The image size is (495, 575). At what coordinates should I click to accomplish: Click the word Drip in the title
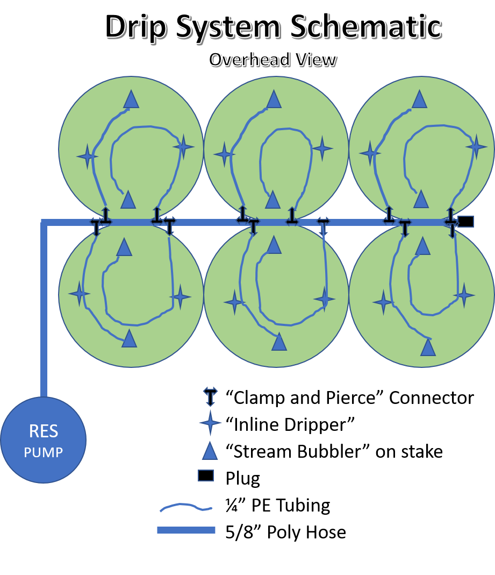[135, 26]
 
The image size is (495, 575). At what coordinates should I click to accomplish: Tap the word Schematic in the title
[366, 26]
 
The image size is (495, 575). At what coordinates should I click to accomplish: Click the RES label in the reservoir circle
[44, 431]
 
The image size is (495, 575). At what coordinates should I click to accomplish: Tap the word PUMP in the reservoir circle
[44, 452]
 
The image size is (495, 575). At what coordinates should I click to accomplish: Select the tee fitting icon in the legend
[210, 395]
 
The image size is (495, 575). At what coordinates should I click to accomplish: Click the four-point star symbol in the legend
[210, 423]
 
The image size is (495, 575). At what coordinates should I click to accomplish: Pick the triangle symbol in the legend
[210, 451]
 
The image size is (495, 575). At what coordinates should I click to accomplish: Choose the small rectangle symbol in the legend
[206, 475]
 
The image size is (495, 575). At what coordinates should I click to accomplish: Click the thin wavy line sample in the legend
[186, 507]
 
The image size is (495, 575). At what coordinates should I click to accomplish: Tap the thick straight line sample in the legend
[186, 530]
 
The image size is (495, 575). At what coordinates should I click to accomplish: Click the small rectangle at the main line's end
[466, 221]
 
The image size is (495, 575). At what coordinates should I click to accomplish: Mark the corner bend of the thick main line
[44, 222]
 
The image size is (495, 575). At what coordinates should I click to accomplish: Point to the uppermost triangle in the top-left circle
[131, 100]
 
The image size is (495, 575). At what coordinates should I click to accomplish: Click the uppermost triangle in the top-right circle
[419, 100]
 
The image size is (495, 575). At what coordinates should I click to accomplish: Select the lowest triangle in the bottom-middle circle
[278, 342]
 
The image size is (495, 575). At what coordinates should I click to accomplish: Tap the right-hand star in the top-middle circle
[322, 148]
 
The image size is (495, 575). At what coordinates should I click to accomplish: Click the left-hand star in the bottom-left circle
[80, 294]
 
